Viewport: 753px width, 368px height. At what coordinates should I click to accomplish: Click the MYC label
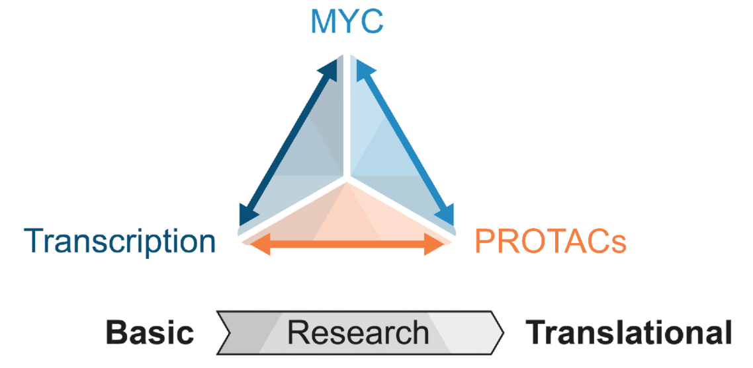tap(347, 21)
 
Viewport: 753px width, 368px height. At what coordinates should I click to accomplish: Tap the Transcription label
tap(120, 241)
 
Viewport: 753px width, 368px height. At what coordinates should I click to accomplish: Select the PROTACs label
tap(550, 242)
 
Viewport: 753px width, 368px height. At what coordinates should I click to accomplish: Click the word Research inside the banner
tap(358, 332)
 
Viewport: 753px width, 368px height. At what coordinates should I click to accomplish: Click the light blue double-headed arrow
tap(405, 142)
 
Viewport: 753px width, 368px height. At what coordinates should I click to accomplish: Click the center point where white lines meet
tap(346, 177)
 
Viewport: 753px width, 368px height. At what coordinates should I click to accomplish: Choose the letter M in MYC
tap(324, 21)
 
